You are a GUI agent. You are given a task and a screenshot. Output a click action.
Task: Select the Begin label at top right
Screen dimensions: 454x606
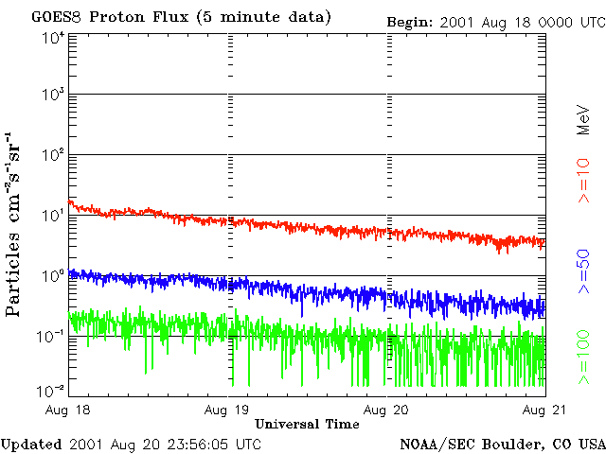pyautogui.click(x=409, y=21)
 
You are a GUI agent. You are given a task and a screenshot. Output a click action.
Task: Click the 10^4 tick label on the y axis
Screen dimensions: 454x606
pyautogui.click(x=53, y=38)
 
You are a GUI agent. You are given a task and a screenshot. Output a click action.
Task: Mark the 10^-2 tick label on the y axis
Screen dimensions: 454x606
pyautogui.click(x=51, y=390)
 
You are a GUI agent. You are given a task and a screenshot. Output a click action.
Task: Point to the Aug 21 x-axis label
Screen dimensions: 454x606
pyautogui.click(x=544, y=410)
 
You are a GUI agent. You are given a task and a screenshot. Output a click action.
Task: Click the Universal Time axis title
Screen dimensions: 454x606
pyautogui.click(x=307, y=424)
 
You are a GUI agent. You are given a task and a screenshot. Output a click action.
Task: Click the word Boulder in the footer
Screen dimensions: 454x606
pyautogui.click(x=509, y=444)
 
